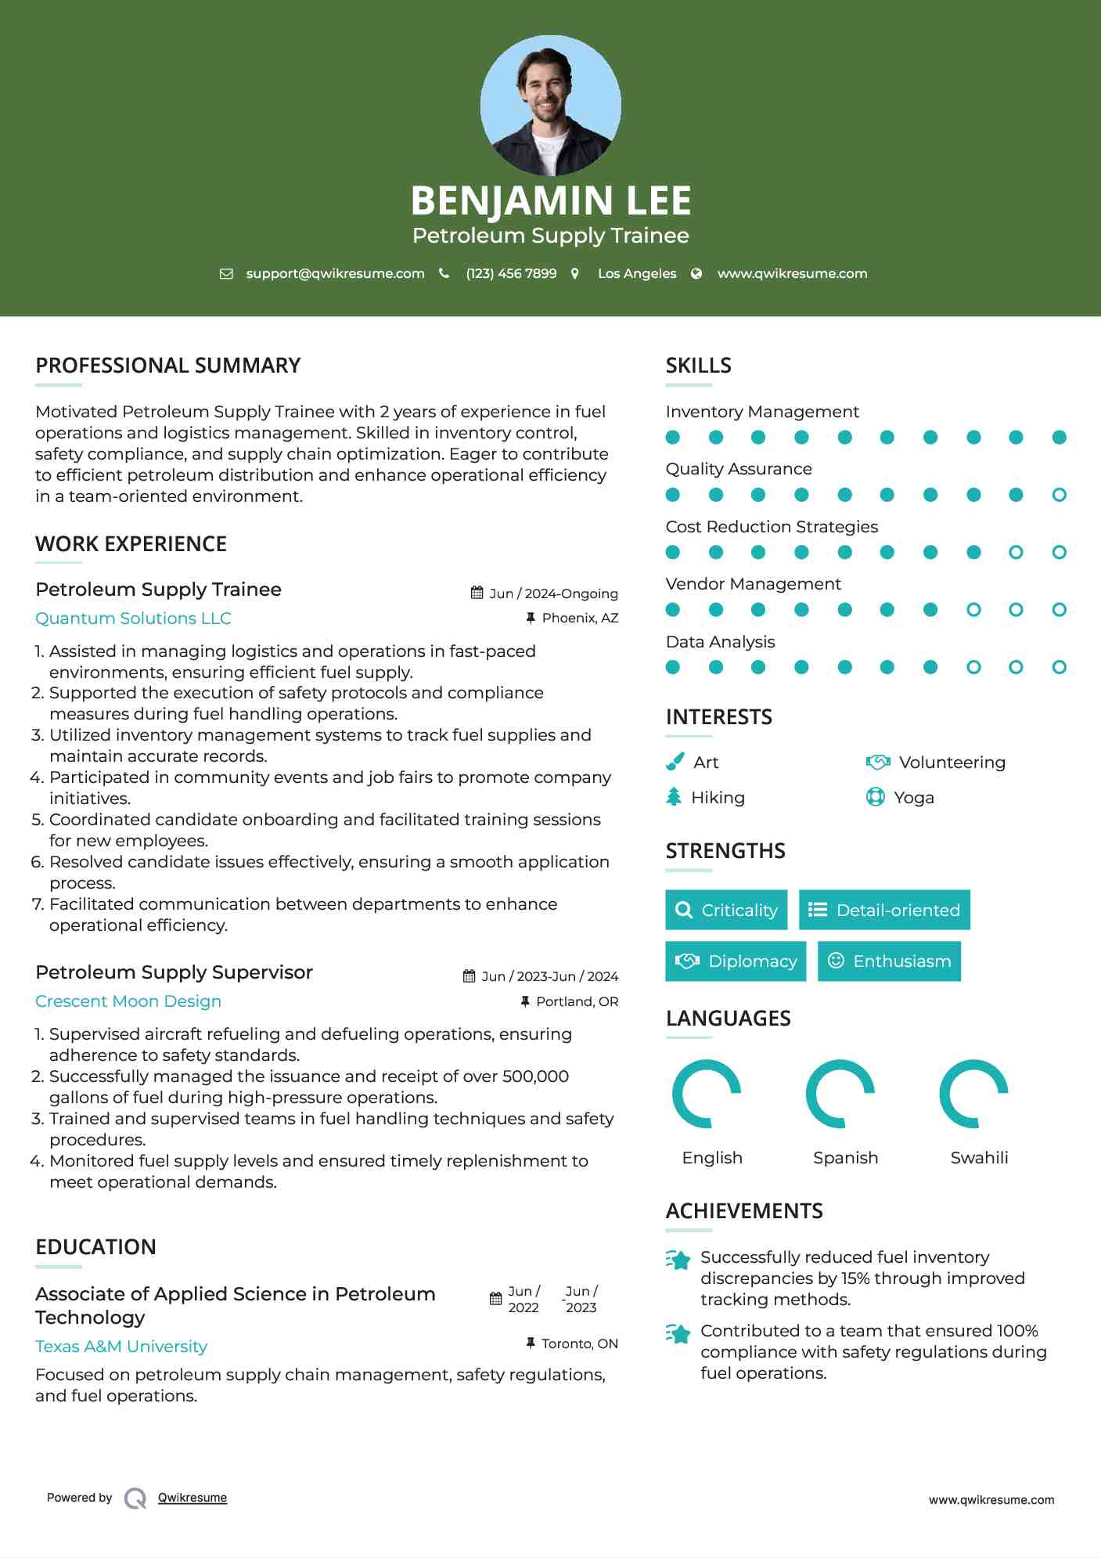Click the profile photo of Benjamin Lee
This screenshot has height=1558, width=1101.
point(550,105)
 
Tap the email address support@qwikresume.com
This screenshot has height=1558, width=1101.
point(335,273)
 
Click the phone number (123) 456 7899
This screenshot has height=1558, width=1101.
point(511,273)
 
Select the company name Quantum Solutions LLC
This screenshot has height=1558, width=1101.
point(133,619)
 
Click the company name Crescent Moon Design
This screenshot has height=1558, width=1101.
point(128,1001)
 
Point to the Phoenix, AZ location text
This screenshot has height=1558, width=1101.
point(580,618)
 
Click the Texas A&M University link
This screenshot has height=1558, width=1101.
point(121,1347)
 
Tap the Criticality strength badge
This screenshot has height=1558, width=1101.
point(726,910)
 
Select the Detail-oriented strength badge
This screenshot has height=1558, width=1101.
point(884,910)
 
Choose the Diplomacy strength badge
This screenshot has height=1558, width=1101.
point(736,961)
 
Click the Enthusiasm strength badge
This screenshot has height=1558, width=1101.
point(889,961)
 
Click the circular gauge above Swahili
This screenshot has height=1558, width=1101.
point(973,1094)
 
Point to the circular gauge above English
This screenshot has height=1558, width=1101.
point(707,1094)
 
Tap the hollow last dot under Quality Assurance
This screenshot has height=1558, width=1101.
point(1059,495)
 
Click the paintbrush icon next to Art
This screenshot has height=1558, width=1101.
point(675,762)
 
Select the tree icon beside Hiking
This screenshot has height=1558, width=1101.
point(674,797)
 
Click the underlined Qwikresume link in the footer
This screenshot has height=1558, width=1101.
point(192,1498)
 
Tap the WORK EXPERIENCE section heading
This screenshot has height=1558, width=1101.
point(131,544)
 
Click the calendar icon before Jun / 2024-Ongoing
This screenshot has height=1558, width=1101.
point(477,593)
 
